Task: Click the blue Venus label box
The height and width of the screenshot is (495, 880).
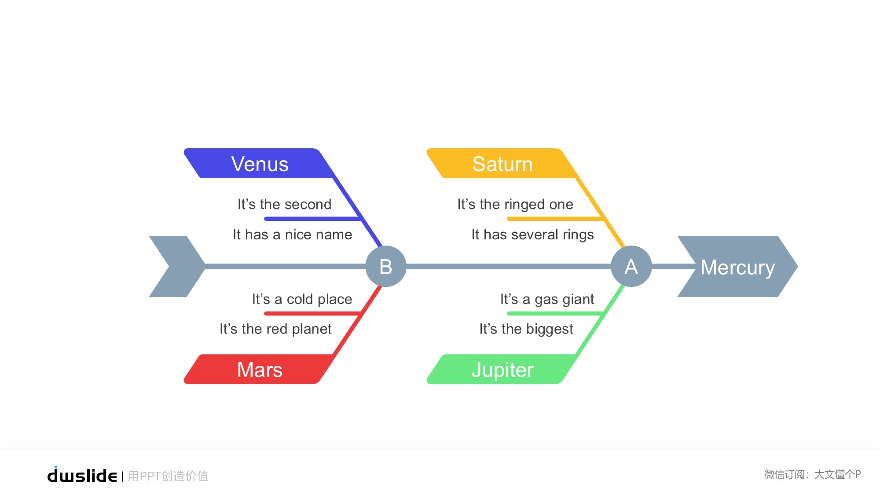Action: (260, 164)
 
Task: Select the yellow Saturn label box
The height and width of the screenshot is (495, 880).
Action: (502, 164)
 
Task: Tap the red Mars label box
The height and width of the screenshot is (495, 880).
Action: (260, 370)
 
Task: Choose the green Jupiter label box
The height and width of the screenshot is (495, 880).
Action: (502, 370)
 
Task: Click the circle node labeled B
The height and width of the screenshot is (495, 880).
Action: (386, 266)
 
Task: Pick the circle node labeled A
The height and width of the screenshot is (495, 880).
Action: (631, 266)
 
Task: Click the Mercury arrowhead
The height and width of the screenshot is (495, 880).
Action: (737, 267)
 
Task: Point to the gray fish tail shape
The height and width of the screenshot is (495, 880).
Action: (176, 266)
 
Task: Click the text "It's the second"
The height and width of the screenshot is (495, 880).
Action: (284, 204)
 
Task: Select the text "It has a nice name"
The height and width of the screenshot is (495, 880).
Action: (292, 235)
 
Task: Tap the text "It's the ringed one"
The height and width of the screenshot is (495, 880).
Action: (515, 204)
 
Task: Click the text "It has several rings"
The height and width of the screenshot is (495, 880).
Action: (532, 235)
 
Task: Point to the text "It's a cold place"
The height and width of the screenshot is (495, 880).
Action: (302, 299)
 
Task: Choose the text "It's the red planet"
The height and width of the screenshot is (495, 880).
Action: (275, 329)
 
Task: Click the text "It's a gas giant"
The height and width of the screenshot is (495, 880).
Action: (547, 299)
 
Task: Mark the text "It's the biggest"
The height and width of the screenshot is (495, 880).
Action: (526, 329)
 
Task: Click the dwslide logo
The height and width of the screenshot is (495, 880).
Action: (82, 475)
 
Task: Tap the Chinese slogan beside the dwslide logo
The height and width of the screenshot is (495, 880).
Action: (168, 476)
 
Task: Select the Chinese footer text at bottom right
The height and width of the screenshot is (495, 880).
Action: (812, 474)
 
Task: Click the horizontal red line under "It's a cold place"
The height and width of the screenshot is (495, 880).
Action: (312, 313)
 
